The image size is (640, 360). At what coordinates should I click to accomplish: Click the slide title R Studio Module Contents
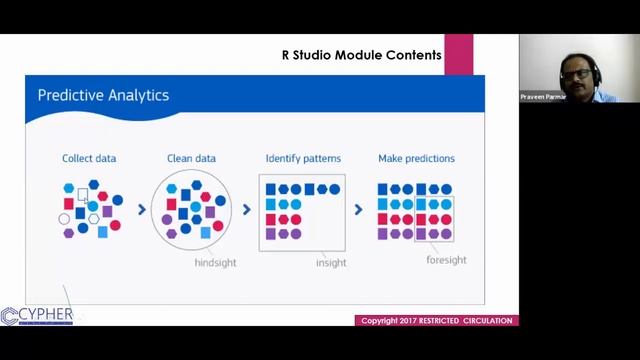click(361, 55)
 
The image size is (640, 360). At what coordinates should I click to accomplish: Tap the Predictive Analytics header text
click(103, 96)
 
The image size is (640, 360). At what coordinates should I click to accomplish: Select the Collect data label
click(89, 158)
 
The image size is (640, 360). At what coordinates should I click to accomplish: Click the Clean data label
click(191, 158)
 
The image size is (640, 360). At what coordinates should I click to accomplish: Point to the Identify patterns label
click(303, 158)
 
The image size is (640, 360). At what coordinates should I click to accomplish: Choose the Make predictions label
click(416, 158)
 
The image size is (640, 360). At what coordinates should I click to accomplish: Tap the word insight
click(331, 263)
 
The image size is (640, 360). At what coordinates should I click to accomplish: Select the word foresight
click(446, 260)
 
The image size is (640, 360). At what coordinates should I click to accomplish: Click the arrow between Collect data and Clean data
click(141, 210)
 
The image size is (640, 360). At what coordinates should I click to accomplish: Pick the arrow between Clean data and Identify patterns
click(247, 210)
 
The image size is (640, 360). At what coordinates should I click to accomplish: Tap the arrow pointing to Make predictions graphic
click(358, 210)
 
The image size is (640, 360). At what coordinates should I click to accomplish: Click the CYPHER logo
click(37, 316)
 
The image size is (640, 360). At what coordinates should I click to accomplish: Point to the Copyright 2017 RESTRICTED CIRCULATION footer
click(436, 321)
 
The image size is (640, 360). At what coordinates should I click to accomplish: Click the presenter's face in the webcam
click(578, 75)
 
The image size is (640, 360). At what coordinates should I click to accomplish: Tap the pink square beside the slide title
click(458, 54)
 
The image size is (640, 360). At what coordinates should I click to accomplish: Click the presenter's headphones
click(594, 71)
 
